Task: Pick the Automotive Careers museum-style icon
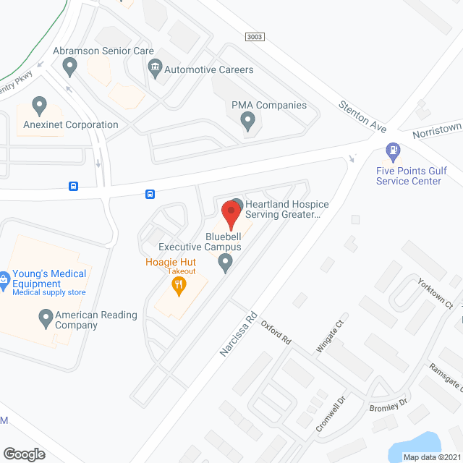tap(154, 69)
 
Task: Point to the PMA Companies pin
tap(248, 122)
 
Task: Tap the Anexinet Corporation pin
tap(40, 106)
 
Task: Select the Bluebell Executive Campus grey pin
tap(226, 263)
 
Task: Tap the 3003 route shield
tap(255, 36)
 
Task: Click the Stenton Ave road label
tap(362, 116)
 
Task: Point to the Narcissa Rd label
tap(239, 333)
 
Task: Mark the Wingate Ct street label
tap(327, 337)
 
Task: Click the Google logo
tap(23, 454)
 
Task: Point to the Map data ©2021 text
tap(430, 457)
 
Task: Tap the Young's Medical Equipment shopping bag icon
tap(4, 277)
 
